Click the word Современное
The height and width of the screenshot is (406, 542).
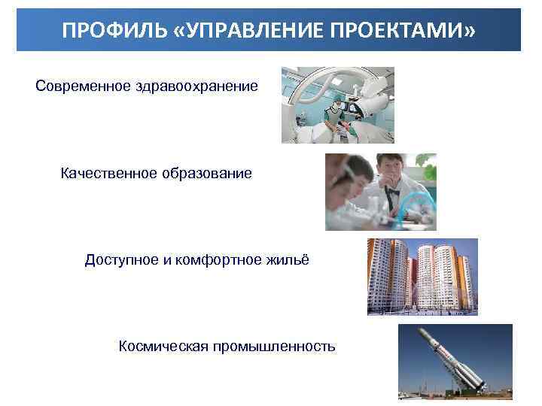pos(82,86)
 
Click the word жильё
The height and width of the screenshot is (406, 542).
pos(288,260)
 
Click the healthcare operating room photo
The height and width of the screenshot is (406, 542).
pos(337,105)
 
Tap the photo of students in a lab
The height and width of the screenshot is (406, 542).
pos(380,192)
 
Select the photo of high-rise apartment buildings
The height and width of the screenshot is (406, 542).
pos(422,277)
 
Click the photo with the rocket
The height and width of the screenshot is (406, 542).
pos(455,362)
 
